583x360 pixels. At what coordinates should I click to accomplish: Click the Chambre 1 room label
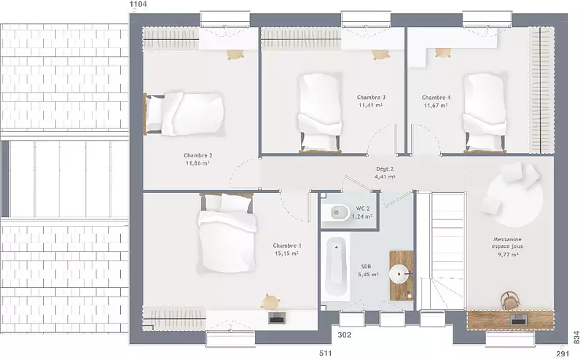(x=287, y=246)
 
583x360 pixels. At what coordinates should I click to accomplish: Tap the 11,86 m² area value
(x=197, y=163)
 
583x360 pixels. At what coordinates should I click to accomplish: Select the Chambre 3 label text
(x=371, y=98)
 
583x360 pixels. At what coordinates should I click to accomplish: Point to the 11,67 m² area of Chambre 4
(x=436, y=106)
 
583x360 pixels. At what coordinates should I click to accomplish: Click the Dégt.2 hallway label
(x=385, y=169)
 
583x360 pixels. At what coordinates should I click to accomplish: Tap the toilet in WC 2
(x=338, y=212)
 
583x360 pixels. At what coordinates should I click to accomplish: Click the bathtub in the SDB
(x=336, y=268)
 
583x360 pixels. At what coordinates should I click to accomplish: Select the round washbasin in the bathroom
(x=399, y=275)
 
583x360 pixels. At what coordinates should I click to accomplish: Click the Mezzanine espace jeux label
(x=507, y=243)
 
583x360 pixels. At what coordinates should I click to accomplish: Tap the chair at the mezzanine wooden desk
(x=510, y=300)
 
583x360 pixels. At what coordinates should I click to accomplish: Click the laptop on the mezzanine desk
(x=519, y=319)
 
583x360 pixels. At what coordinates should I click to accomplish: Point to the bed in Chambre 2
(x=184, y=114)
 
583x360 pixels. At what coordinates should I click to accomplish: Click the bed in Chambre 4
(x=485, y=113)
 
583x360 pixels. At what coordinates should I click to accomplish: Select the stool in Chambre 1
(x=270, y=301)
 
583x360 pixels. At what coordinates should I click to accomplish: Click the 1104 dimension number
(x=138, y=4)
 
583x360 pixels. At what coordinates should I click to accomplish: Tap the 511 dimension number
(x=325, y=353)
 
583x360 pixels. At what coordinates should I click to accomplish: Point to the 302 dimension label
(x=344, y=335)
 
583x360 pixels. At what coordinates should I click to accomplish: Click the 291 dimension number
(x=563, y=353)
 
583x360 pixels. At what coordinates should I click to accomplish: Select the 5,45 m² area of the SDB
(x=368, y=275)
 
